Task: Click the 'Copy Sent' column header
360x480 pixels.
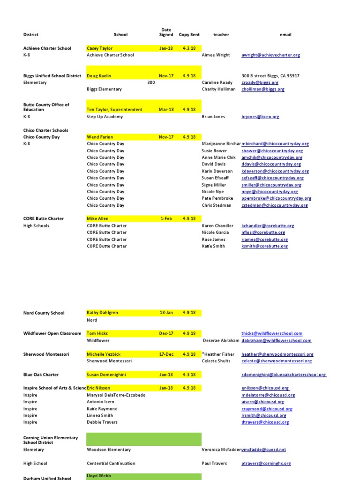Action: coord(189,35)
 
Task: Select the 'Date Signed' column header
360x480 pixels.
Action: coord(166,32)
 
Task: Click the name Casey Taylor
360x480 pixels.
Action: coord(100,48)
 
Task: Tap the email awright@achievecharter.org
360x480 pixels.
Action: coord(270,55)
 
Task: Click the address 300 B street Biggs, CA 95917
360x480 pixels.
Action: coord(270,76)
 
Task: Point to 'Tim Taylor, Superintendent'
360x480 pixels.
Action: coord(114,110)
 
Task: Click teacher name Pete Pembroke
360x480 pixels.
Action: coord(217,199)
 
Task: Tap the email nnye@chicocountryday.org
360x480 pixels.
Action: coord(270,192)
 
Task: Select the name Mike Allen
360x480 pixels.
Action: coord(97,219)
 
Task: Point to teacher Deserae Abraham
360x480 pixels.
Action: coord(221,341)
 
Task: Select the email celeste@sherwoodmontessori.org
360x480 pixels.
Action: coord(277,361)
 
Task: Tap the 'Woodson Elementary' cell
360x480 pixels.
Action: coord(109,450)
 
